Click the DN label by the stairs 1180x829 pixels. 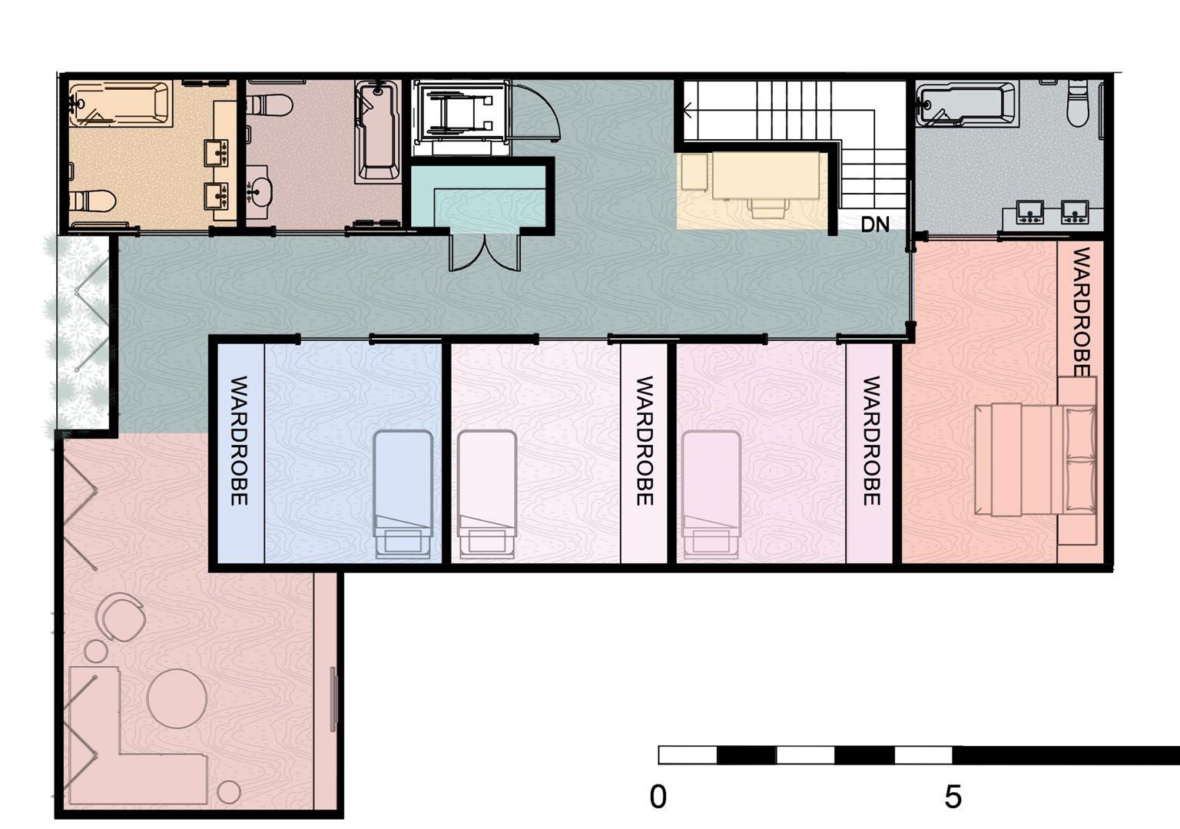(875, 224)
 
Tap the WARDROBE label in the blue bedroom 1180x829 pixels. (239, 440)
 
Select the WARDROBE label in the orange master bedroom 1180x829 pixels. (1081, 312)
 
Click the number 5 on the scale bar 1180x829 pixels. (953, 797)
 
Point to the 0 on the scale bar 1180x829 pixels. (658, 797)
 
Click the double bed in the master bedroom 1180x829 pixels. (1036, 459)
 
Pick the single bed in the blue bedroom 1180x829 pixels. (403, 494)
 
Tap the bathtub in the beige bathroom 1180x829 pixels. (121, 104)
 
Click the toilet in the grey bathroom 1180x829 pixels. (1077, 104)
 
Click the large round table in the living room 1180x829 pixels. (177, 698)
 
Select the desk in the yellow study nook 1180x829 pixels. (766, 175)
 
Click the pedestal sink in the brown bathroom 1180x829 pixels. (259, 191)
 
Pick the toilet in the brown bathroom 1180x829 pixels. (269, 104)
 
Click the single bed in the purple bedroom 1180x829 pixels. (711, 494)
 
